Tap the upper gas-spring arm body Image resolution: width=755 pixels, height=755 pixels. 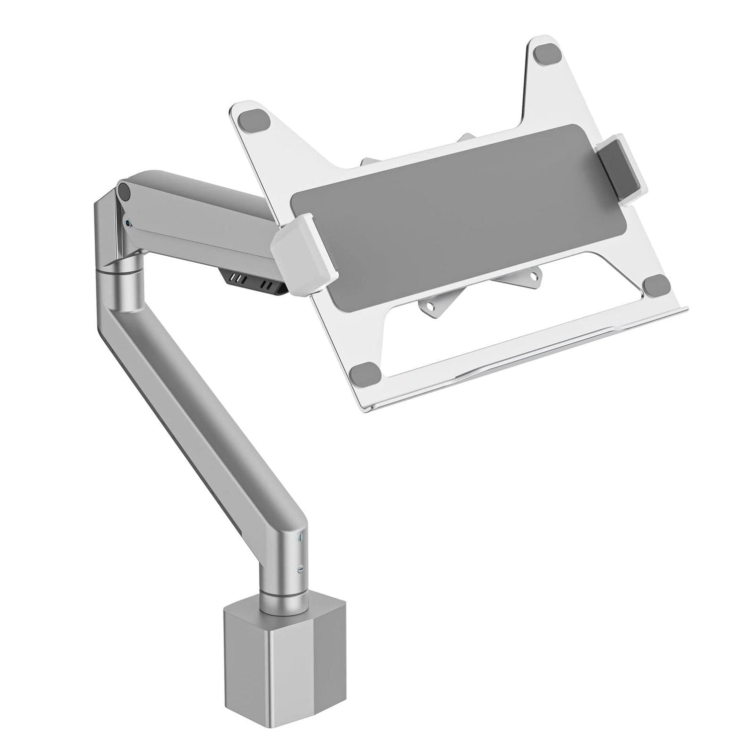201,211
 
